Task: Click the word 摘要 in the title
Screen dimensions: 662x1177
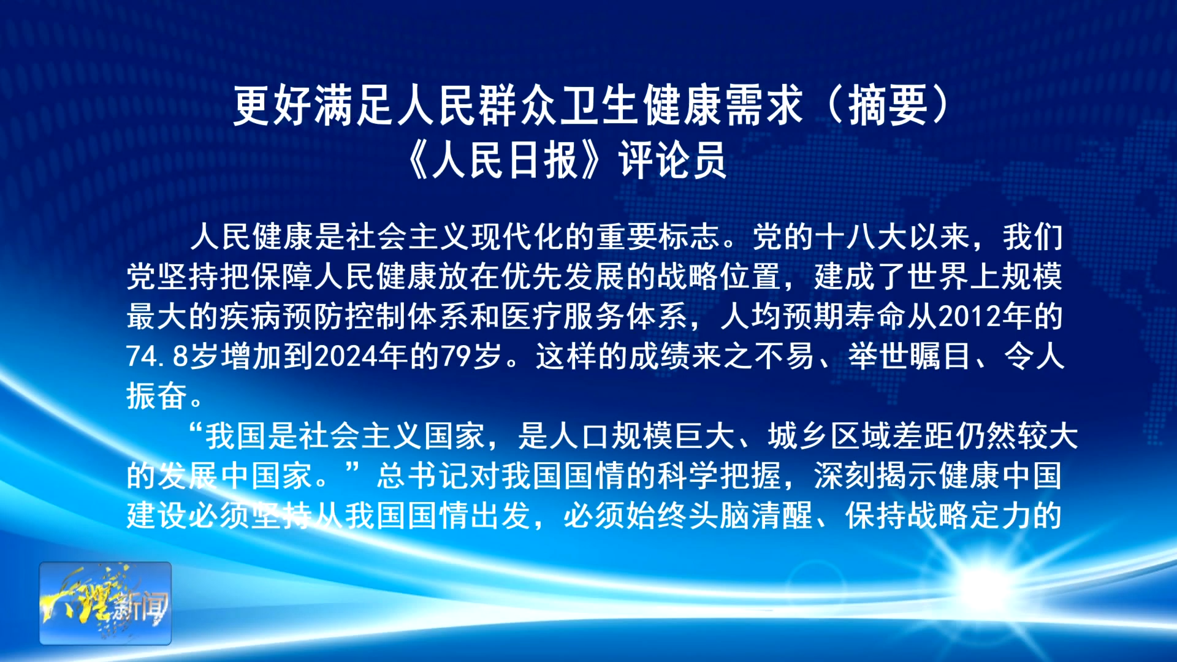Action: pyautogui.click(x=888, y=105)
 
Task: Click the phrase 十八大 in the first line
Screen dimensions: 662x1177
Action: pyautogui.click(x=861, y=237)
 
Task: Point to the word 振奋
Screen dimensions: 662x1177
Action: pyautogui.click(x=157, y=396)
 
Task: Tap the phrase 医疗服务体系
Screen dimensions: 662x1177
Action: pyautogui.click(x=595, y=316)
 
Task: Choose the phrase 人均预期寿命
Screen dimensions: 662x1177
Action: pyautogui.click(x=813, y=316)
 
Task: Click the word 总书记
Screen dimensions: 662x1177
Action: pyautogui.click(x=424, y=476)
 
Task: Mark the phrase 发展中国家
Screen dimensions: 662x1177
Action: pyautogui.click(x=235, y=476)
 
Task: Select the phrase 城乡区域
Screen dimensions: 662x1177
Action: pyautogui.click(x=830, y=436)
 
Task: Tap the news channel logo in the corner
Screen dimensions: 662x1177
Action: pyautogui.click(x=105, y=603)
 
